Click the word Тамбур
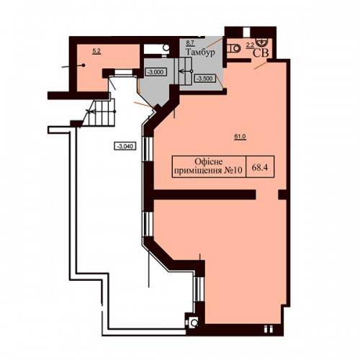tap(200, 53)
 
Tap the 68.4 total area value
tap(260, 167)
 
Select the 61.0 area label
tap(240, 137)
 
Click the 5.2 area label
tap(96, 51)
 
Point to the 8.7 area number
tap(190, 43)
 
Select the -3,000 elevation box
tap(156, 72)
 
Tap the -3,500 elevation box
tap(204, 78)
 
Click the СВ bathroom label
tap(261, 53)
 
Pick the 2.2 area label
tap(250, 45)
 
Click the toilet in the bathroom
tap(233, 49)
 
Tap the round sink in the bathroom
tap(261, 42)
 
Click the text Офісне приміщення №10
tap(208, 166)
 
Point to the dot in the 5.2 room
tap(84, 65)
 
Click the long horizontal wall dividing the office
tap(204, 194)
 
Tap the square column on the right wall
tap(283, 194)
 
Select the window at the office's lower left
tap(199, 289)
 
